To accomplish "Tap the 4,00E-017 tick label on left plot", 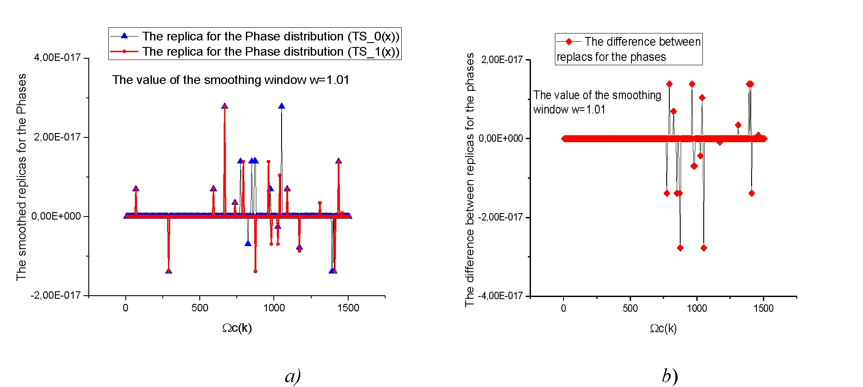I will point(57,57).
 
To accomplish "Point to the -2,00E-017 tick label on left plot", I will point(56,295).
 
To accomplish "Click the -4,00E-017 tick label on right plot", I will point(500,296).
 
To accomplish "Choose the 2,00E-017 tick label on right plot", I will point(502,60).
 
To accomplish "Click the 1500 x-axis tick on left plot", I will point(348,308).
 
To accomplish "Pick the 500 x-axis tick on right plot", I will point(630,308).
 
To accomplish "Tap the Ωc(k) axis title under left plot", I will point(237,328).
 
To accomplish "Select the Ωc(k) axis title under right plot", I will point(663,328).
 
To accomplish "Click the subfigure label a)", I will point(293,376).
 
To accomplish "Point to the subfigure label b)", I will point(670,376).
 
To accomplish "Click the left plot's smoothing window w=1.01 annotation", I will point(231,80).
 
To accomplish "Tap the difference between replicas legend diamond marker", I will point(568,42).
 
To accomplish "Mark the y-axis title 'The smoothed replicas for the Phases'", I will point(21,177).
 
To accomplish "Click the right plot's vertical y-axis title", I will point(469,180).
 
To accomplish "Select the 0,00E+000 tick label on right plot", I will point(501,138).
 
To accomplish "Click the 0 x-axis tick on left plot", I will point(126,308).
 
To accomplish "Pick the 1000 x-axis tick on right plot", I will point(697,308).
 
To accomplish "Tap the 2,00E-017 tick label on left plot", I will point(57,137).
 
